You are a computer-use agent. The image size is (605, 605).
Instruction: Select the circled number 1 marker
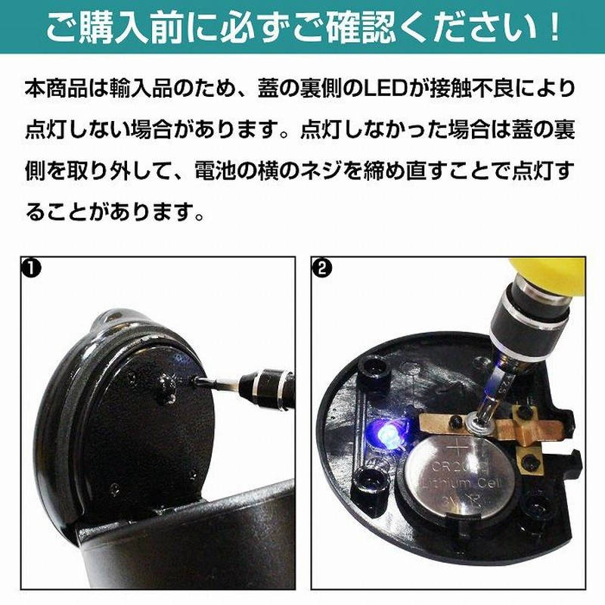pos(31,268)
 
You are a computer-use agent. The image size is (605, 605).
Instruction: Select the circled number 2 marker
pos(323,268)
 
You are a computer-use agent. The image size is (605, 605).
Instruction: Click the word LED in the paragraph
pos(392,88)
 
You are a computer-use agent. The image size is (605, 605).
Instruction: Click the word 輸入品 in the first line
pos(141,88)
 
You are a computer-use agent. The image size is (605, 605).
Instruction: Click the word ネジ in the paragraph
pos(322,172)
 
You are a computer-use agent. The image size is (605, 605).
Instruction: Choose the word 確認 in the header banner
pos(358,28)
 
